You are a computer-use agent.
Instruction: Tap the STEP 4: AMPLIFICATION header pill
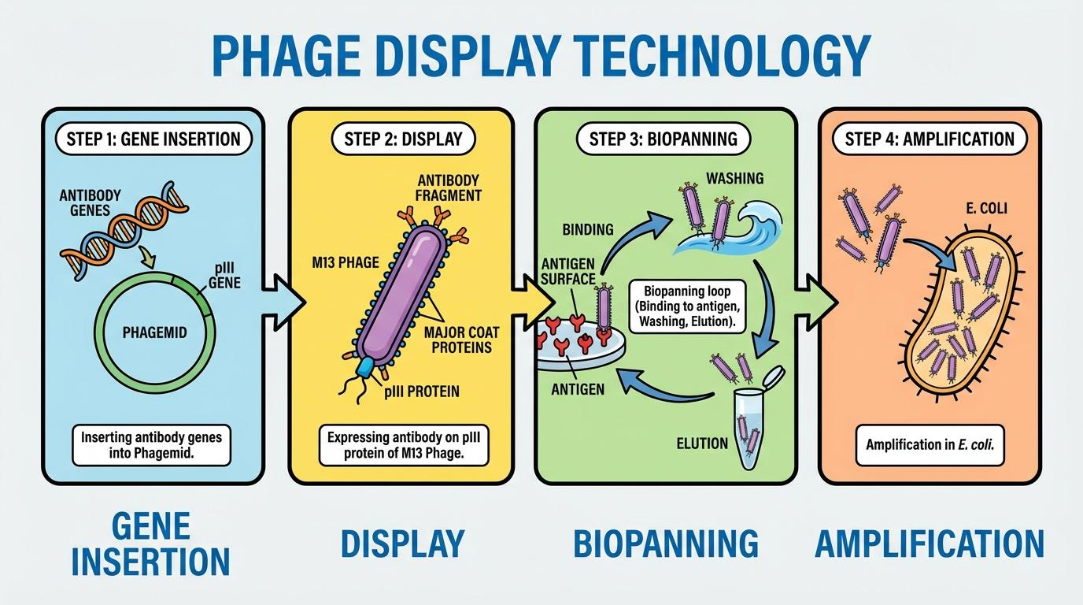click(x=930, y=139)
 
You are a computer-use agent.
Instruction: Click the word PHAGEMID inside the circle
click(x=155, y=332)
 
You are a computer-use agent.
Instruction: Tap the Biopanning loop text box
click(x=686, y=306)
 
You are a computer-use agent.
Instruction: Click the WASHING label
click(x=734, y=178)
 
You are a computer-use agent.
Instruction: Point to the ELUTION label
click(x=702, y=444)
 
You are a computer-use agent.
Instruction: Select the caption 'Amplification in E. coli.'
click(x=930, y=444)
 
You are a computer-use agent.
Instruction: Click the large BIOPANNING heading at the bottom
click(x=664, y=544)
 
